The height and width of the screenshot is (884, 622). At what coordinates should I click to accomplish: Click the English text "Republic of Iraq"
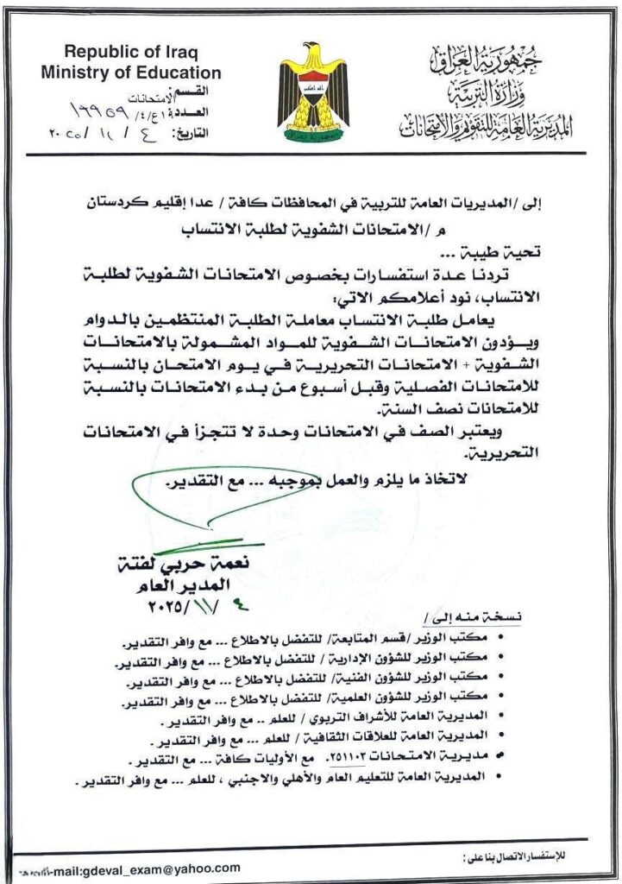coord(130,54)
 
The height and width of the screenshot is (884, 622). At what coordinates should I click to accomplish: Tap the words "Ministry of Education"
coord(130,73)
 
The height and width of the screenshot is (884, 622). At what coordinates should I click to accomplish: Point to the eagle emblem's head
coord(313,51)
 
